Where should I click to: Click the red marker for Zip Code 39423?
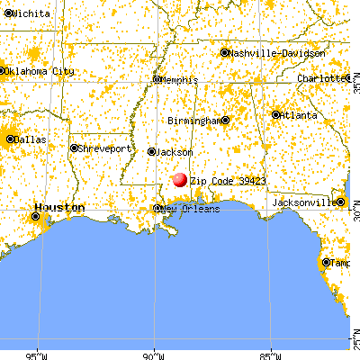pyautogui.click(x=180, y=179)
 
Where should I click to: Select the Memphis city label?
pyautogui.click(x=180, y=80)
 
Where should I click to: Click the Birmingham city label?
pyautogui.click(x=193, y=120)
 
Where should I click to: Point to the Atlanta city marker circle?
pyautogui.click(x=275, y=115)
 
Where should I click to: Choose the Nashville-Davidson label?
pyautogui.click(x=278, y=53)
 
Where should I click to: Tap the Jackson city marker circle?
pyautogui.click(x=151, y=152)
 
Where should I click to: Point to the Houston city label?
pyautogui.click(x=64, y=208)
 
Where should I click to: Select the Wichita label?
pyautogui.click(x=26, y=14)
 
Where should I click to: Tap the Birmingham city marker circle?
pyautogui.click(x=225, y=120)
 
